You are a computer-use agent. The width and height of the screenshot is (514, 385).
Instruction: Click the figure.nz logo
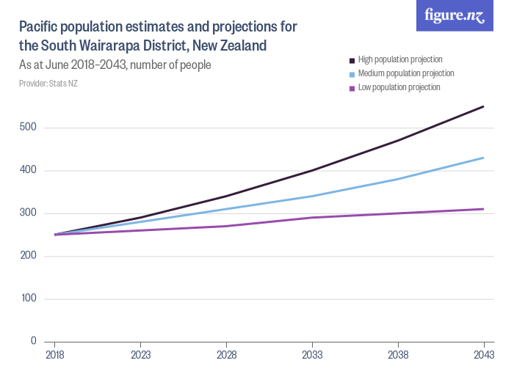pos(455,16)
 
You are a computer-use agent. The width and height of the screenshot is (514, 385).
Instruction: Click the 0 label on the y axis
pos(33,342)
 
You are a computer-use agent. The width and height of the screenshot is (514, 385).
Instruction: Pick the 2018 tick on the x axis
pos(54,355)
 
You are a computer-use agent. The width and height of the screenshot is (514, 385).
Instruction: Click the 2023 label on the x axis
pos(140,355)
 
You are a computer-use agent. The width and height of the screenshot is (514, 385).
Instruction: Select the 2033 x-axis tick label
pos(312,355)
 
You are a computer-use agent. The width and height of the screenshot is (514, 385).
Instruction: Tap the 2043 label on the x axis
pos(483,355)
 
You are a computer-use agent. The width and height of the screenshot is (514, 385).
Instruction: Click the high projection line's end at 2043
pos(483,107)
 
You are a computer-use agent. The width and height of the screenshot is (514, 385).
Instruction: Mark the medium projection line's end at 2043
pos(483,158)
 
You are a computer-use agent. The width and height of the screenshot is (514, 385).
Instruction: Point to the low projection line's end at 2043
pos(483,209)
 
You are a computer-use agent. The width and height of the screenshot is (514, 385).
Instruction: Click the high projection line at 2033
pos(312,171)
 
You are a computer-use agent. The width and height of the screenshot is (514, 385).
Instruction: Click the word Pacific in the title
pos(40,27)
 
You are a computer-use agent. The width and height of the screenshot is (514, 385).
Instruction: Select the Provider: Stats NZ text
pos(48,84)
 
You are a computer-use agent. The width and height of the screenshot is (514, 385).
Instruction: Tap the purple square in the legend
pos(352,88)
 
